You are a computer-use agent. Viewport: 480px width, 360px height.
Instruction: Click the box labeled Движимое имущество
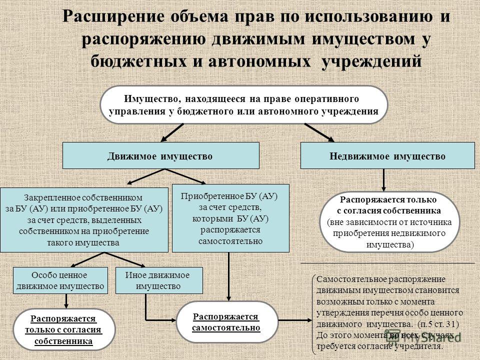160,155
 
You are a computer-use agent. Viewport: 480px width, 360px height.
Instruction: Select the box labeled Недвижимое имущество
387,155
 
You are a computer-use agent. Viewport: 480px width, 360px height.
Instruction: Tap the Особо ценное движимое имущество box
60,280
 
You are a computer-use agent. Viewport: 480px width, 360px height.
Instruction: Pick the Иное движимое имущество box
159,280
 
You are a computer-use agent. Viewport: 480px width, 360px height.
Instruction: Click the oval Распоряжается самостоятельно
226,322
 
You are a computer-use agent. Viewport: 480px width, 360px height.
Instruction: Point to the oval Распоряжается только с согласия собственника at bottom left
63,329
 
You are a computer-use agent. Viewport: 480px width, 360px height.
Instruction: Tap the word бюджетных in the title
138,61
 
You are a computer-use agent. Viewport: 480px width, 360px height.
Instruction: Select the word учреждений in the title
371,61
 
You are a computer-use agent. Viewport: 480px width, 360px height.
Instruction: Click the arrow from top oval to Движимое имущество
172,132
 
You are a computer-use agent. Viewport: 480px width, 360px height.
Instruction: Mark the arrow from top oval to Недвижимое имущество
319,132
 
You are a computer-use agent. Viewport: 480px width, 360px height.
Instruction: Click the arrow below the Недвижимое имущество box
383,180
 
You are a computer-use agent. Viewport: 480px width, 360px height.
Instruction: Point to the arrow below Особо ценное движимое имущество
66,301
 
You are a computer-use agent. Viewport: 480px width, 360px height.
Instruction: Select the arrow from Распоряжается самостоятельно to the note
295,320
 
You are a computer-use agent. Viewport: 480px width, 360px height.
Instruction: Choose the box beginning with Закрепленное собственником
84,220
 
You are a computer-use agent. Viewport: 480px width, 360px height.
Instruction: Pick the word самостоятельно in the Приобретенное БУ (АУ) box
230,241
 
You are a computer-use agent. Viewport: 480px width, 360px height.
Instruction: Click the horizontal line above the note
387,263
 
